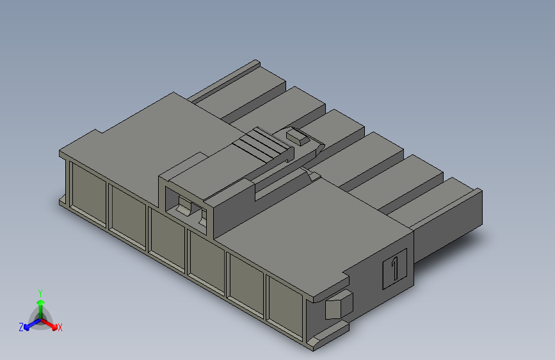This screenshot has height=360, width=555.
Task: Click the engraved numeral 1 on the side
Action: tap(395, 268)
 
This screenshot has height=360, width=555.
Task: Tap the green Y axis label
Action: tap(40, 293)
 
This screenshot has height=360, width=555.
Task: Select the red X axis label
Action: tap(60, 328)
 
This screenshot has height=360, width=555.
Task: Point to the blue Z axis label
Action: tap(21, 327)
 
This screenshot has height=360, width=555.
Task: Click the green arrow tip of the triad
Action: tap(41, 302)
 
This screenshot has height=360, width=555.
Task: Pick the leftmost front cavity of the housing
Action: tap(88, 193)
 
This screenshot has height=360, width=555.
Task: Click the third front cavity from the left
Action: tap(168, 239)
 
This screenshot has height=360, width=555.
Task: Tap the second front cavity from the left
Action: tap(128, 216)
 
